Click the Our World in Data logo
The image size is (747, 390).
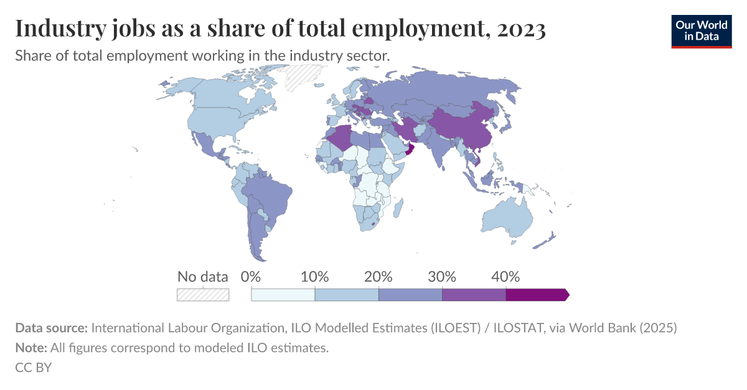pyautogui.click(x=702, y=30)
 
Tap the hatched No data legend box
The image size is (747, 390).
pyautogui.click(x=203, y=294)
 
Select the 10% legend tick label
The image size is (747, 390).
pyautogui.click(x=315, y=277)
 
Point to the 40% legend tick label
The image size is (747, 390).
pyautogui.click(x=505, y=277)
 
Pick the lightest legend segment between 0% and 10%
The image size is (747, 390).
pyautogui.click(x=283, y=295)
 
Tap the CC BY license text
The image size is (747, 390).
pyautogui.click(x=33, y=368)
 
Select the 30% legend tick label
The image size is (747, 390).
pyautogui.click(x=442, y=277)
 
